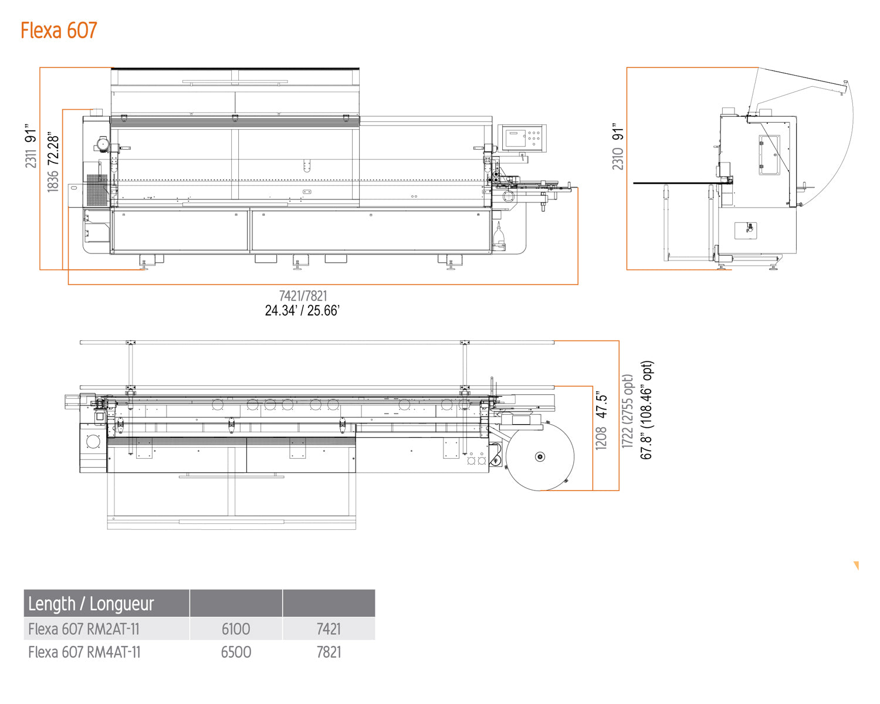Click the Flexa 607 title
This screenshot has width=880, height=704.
59,31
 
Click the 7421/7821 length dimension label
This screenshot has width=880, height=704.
303,296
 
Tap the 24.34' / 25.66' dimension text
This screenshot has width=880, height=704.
302,311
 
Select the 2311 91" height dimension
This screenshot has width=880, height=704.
31,146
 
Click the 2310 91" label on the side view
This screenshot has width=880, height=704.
618,147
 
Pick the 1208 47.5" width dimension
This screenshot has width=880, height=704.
601,421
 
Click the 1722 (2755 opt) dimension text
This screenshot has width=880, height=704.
628,411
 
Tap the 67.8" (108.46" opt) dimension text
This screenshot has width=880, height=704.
646,410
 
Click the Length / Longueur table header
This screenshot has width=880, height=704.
91,604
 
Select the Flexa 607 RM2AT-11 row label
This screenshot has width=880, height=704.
84,629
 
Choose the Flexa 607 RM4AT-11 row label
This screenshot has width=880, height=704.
84,652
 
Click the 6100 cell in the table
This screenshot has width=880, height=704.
236,629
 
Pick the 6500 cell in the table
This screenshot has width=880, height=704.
236,652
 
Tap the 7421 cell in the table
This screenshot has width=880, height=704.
329,629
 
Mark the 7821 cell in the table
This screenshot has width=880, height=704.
329,652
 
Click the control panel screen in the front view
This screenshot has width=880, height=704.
516,138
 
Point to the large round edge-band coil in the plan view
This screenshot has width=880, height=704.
540,456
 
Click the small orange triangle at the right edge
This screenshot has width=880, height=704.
857,566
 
